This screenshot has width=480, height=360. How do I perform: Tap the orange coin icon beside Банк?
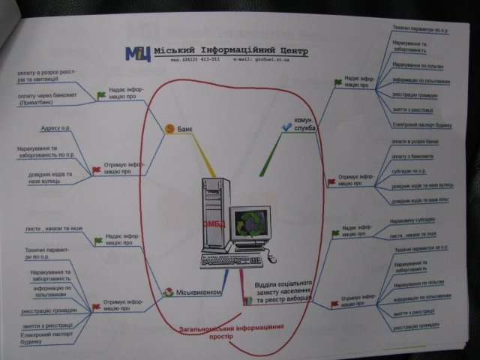(x=169, y=129)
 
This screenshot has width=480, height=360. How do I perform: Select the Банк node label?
(x=184, y=129)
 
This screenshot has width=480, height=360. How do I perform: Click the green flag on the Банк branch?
(x=101, y=95)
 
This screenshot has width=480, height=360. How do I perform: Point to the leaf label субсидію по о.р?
(x=411, y=170)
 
